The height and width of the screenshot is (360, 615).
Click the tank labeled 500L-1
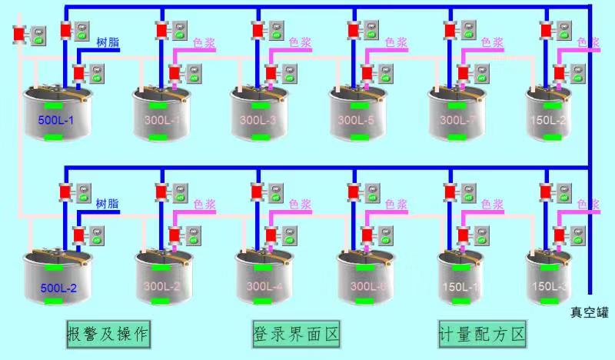[x=54, y=115]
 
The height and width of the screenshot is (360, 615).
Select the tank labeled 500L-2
[x=54, y=277]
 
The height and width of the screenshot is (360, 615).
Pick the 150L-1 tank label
[x=462, y=287]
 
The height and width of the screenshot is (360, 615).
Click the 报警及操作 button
[x=108, y=334]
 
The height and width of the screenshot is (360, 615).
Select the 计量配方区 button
[x=482, y=334]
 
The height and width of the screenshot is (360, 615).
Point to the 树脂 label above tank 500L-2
[x=108, y=204]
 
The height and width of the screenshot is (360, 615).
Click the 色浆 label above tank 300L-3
[x=300, y=43]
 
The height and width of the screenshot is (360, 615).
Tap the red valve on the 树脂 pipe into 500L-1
[x=78, y=74]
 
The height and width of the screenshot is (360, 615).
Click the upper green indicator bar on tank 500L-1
[x=54, y=105]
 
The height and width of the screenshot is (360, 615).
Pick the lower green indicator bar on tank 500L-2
[x=54, y=302]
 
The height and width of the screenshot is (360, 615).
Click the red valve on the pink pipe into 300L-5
[x=367, y=74]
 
